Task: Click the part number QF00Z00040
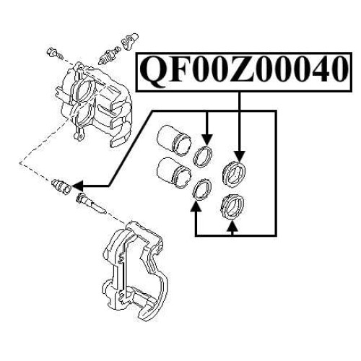(x=244, y=69)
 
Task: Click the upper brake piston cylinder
(x=174, y=139)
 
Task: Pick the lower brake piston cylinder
(x=174, y=172)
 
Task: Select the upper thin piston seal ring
(x=203, y=157)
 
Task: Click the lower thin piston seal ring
(x=203, y=189)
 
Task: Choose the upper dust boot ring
(x=233, y=174)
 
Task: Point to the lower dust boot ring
(x=233, y=206)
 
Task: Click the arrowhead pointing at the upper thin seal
(x=207, y=140)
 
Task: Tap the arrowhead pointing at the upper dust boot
(x=239, y=156)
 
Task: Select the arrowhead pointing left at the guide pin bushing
(x=77, y=186)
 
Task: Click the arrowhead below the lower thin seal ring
(x=196, y=206)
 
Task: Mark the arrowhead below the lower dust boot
(x=232, y=226)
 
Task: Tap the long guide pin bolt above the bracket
(x=91, y=203)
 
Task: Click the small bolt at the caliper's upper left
(x=55, y=53)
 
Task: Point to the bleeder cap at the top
(x=130, y=41)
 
